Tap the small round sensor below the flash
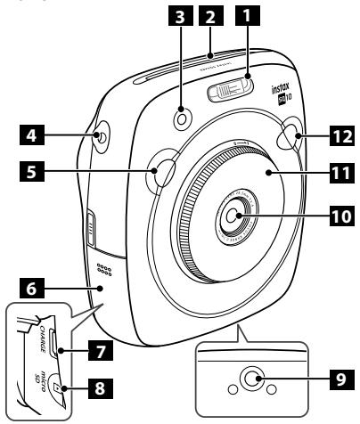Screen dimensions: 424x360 click(x=183, y=118)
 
